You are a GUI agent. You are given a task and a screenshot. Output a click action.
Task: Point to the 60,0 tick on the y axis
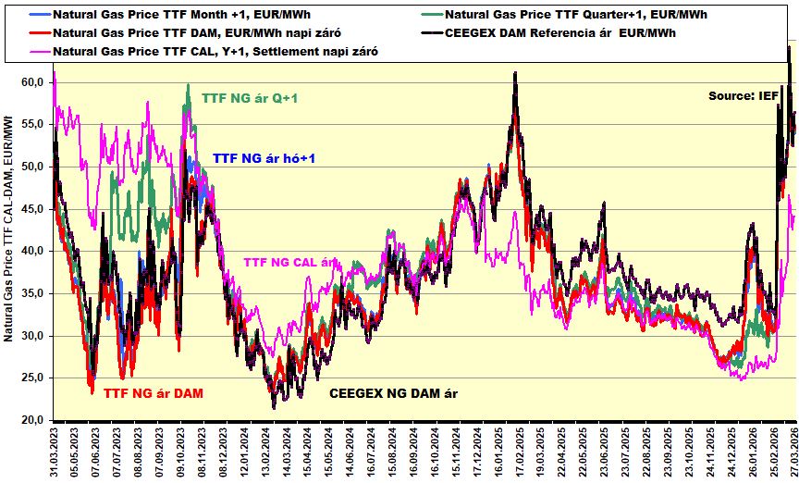tap(32, 82)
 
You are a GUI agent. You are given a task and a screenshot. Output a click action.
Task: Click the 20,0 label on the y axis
tap(32, 420)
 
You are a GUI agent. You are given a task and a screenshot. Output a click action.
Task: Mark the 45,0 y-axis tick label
tap(32, 209)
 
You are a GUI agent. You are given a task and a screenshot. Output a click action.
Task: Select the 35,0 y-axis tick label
tap(32, 293)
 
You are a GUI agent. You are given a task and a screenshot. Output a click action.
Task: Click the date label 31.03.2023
tap(56, 452)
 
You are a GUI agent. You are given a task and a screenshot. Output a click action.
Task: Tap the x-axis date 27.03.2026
tap(793, 452)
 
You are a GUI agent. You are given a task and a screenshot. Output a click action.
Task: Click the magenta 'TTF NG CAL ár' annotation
tap(289, 262)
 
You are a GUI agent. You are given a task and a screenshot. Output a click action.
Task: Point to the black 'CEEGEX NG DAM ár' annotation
tap(394, 393)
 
